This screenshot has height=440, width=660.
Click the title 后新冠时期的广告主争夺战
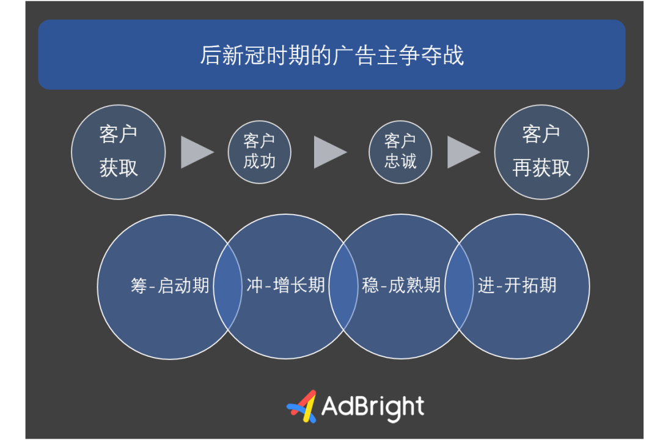332,55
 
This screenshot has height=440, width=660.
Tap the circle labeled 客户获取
119,152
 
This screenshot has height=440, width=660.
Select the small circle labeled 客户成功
259,152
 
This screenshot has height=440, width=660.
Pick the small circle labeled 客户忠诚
400,152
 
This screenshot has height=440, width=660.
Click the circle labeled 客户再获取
541,152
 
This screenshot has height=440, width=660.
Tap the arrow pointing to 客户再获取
463,152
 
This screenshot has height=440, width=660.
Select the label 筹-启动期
170,286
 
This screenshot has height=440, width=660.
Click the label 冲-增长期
286,285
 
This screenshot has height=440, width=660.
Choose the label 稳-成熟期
401,285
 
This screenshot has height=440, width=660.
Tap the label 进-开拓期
517,285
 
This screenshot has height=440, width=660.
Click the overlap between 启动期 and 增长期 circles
228,286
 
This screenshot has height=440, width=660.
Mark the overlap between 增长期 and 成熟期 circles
343,286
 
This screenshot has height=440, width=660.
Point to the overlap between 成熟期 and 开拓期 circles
459,286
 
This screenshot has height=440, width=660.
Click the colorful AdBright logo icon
302,407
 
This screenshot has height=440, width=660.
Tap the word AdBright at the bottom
373,407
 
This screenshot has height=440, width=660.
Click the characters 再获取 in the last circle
541,168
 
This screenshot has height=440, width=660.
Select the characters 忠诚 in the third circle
400,161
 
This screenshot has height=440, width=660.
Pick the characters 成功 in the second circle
259,162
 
